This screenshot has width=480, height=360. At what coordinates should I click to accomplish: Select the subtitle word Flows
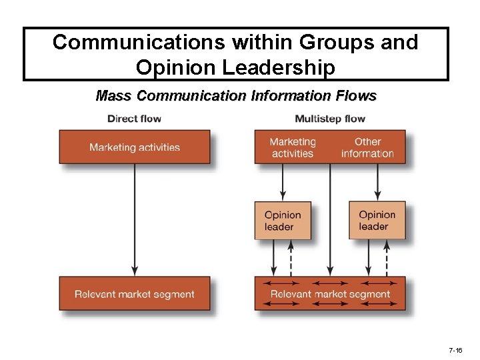tap(359, 96)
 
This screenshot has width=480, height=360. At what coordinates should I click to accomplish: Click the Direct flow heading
tap(134, 119)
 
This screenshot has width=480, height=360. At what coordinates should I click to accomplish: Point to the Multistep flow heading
tap(330, 119)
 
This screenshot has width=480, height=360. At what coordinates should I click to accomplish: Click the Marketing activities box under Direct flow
tap(135, 147)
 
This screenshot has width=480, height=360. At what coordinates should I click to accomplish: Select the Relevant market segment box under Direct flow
tap(135, 294)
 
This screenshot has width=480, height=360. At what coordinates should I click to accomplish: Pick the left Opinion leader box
tap(283, 221)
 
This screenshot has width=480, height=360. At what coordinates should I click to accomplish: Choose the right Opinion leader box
tap(377, 221)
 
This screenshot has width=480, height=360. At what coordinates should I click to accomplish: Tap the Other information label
tap(367, 147)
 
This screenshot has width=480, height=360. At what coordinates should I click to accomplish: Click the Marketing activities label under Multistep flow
tap(292, 147)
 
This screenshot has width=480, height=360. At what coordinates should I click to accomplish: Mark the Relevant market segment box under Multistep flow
tap(330, 293)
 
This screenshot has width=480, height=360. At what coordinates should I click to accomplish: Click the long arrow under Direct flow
tap(135, 220)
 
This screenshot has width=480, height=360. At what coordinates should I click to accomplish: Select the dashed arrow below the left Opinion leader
tap(291, 258)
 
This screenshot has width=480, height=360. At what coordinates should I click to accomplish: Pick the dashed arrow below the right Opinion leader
tap(386, 258)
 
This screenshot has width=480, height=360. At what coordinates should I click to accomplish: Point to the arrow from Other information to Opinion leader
tap(377, 182)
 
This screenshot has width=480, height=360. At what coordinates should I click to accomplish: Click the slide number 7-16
tap(456, 350)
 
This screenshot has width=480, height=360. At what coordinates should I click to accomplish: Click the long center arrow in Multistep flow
tap(330, 220)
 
